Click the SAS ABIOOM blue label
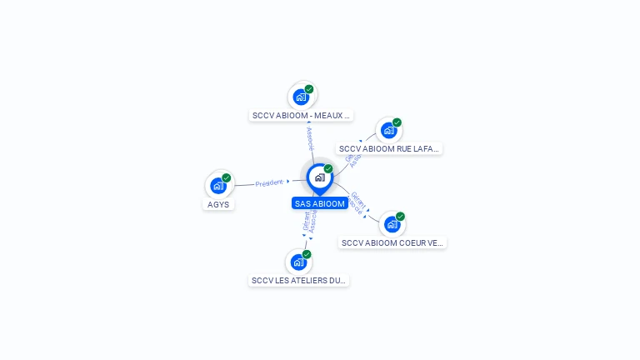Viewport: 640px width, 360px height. (x=319, y=203)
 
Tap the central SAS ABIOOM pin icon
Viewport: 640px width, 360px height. (x=319, y=177)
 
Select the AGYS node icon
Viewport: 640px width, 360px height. (x=218, y=185)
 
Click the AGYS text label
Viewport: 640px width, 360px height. (x=218, y=204)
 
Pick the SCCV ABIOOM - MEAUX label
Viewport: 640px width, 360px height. (x=302, y=115)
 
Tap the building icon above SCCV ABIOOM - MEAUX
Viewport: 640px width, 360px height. (x=302, y=97)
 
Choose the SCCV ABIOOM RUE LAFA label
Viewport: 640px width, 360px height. (x=390, y=148)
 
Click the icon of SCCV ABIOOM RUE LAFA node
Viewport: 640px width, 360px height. (x=389, y=131)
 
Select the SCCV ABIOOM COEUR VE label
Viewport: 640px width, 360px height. (x=393, y=242)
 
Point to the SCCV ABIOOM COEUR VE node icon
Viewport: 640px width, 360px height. (x=392, y=224)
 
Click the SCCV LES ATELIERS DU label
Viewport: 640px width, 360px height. (x=299, y=281)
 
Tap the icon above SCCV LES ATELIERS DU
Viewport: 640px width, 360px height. (x=299, y=262)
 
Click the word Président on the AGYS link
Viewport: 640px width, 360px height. (x=269, y=182)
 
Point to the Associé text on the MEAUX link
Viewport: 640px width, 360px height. (x=309, y=138)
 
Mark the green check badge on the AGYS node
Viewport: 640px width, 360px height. (x=226, y=177)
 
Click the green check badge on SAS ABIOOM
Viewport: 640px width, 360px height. (x=328, y=169)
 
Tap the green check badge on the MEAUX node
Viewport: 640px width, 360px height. (x=309, y=89)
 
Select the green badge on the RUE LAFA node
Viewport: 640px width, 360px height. (x=397, y=122)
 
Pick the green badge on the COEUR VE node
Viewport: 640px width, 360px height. (x=400, y=217)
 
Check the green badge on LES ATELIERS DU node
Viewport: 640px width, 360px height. (x=307, y=254)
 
